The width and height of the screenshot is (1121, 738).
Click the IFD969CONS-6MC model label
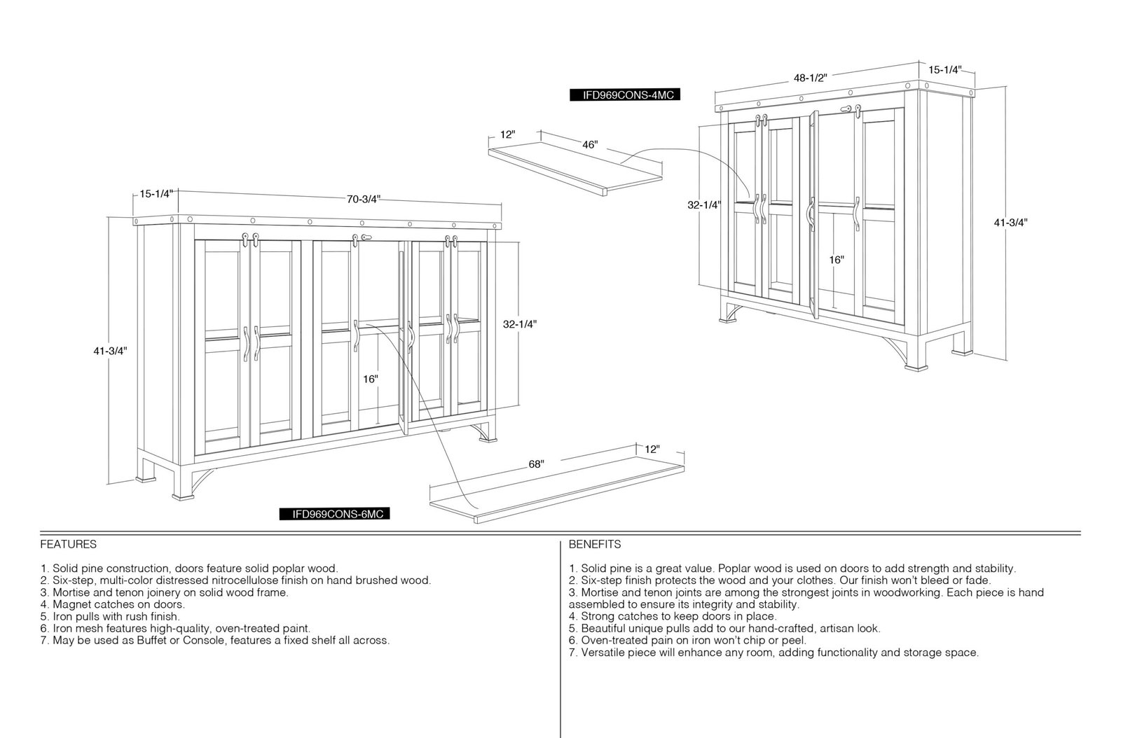[x=334, y=514]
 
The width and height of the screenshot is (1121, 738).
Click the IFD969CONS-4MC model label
[x=624, y=95]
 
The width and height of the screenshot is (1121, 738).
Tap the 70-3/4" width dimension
[x=364, y=199]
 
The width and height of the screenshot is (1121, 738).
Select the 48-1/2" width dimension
[x=810, y=78]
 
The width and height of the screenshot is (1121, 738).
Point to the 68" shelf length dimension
[x=536, y=464]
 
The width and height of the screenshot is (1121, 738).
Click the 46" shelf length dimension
[x=589, y=144]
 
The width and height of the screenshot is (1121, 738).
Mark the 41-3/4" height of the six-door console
[x=110, y=351]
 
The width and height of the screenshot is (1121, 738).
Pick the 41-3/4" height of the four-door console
[x=1010, y=223]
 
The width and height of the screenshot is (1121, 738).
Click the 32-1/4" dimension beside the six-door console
[x=519, y=324]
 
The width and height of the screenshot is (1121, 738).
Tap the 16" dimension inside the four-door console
[x=837, y=260]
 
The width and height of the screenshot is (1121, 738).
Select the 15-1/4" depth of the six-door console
[x=156, y=193]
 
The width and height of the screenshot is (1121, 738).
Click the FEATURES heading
[x=69, y=544]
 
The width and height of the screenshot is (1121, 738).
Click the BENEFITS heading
[x=595, y=544]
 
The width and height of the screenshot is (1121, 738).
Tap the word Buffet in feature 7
[x=151, y=641]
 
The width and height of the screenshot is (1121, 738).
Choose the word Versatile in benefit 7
[x=603, y=653]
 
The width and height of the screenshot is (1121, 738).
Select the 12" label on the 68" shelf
[x=652, y=449]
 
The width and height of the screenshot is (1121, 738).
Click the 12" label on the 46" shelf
[x=507, y=134]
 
